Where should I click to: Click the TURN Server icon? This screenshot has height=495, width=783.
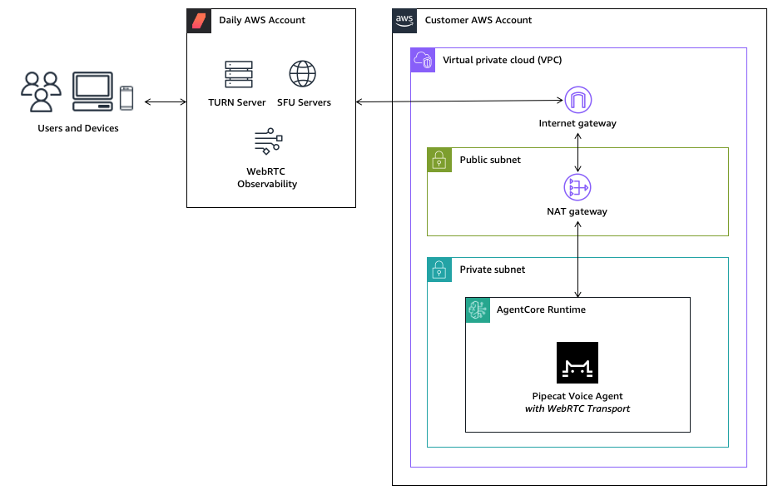(238, 74)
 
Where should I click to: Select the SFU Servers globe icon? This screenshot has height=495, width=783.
(303, 74)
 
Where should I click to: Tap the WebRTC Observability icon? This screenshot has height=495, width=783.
(268, 141)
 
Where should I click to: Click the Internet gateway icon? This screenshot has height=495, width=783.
(577, 100)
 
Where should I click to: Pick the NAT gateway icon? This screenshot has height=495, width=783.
(577, 187)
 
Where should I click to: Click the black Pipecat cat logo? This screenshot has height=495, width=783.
(577, 363)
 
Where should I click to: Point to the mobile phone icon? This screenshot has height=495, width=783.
(126, 97)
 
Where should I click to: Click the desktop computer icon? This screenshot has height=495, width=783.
(92, 92)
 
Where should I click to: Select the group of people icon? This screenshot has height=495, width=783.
(42, 92)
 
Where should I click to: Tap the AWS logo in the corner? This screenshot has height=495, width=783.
(404, 21)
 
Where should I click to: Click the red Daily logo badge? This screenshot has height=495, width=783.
(199, 21)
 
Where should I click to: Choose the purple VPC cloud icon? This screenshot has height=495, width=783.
(423, 60)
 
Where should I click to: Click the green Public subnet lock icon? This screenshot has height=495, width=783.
(439, 160)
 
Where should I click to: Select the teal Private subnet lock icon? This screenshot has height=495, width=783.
(439, 270)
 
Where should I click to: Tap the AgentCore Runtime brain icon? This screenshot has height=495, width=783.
(478, 309)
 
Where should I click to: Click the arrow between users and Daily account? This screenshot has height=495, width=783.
(165, 102)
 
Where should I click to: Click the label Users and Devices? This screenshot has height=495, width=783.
(78, 128)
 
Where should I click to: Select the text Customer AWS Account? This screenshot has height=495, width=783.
(478, 20)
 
